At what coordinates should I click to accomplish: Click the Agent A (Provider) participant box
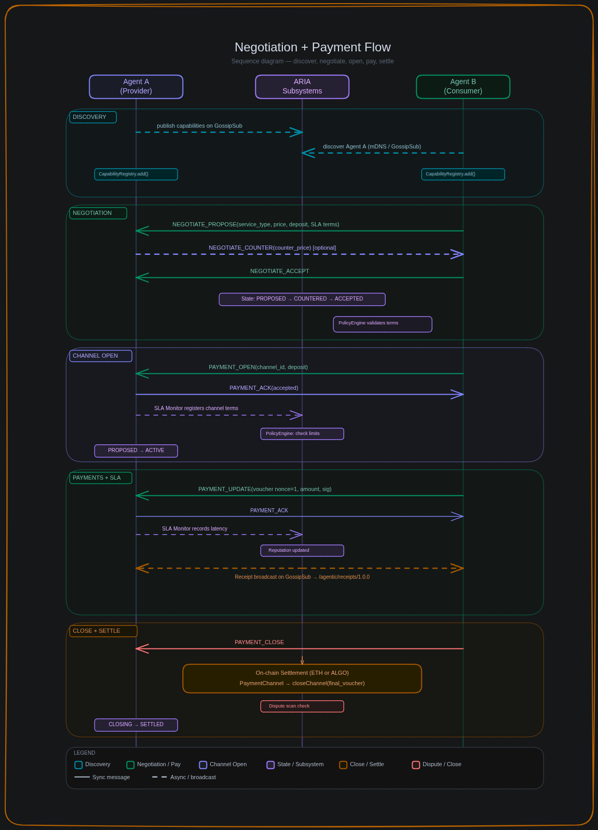(136, 87)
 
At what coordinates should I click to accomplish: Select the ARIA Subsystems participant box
(302, 87)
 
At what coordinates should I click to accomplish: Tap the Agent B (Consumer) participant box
(463, 87)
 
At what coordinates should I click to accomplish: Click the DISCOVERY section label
(93, 117)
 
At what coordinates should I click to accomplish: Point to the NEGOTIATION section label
(98, 213)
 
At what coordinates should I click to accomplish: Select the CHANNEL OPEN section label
(101, 356)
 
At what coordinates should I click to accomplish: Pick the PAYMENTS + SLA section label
(101, 478)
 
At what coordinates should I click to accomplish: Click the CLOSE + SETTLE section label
(103, 631)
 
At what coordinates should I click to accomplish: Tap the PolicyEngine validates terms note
(383, 324)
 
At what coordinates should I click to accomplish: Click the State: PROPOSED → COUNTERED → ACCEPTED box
(302, 300)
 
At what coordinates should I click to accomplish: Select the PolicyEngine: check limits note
(302, 434)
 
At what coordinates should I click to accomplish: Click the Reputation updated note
(302, 551)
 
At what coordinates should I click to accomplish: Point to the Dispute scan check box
(302, 706)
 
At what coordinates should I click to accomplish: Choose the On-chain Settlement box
(302, 678)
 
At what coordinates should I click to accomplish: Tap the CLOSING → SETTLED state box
(136, 725)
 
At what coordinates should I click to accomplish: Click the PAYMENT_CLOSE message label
(259, 643)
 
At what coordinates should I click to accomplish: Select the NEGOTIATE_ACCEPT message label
(279, 271)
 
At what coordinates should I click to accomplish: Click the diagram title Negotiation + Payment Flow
(312, 47)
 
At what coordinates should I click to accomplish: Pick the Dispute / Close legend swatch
(416, 765)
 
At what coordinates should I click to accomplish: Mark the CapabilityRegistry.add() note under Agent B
(463, 174)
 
